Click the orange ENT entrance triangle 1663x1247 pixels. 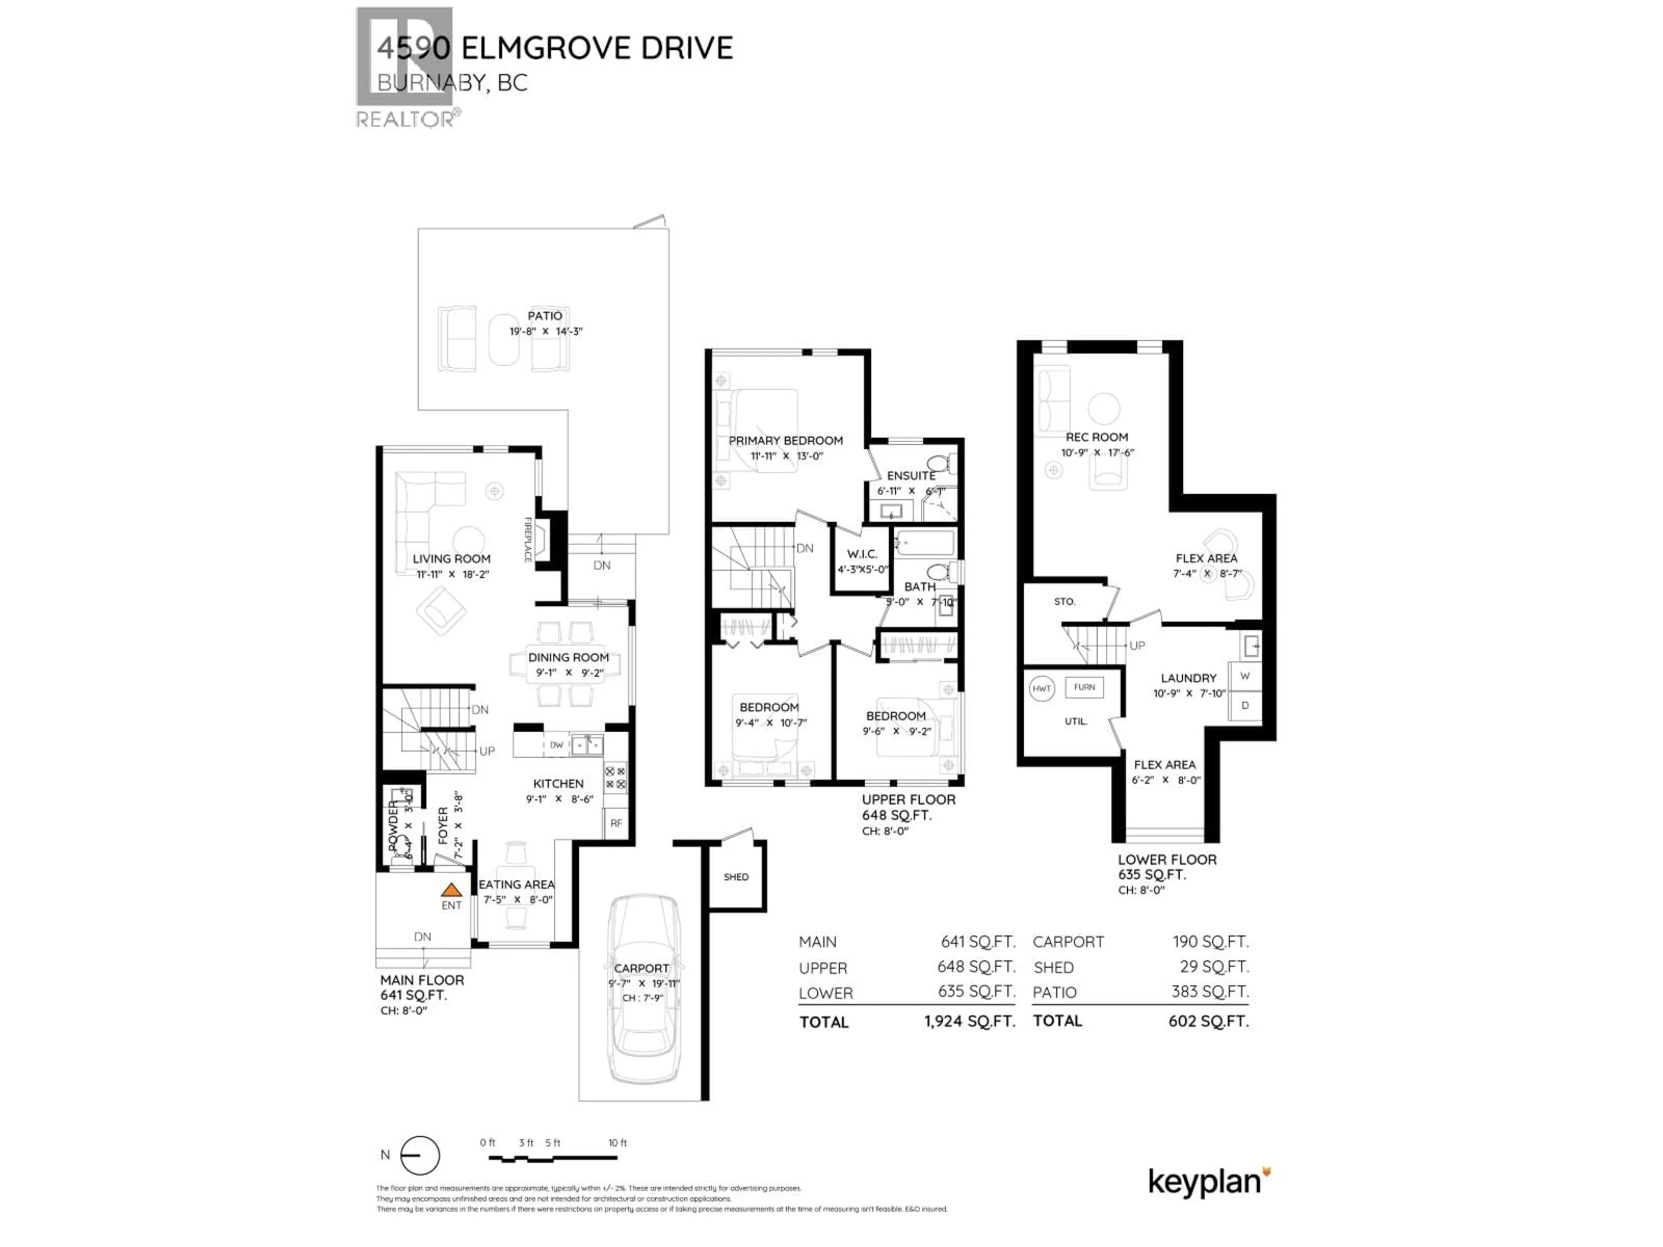pos(451,889)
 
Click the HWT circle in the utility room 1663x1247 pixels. pos(1041,688)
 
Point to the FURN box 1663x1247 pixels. pos(1084,687)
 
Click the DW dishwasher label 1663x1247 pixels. pos(556,745)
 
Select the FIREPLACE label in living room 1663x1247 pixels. pos(528,540)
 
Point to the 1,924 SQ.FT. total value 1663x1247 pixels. pos(970,1021)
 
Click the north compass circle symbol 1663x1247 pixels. pos(420,1155)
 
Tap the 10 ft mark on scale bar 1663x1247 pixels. pos(617,1143)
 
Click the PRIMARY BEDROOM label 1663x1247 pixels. pos(786,440)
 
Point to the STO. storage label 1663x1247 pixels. pos(1064,601)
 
